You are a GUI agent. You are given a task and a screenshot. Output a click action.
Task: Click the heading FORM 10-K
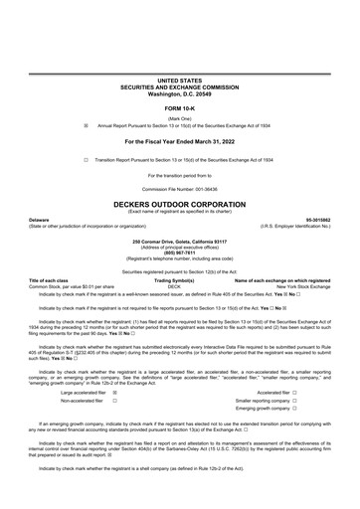(179, 106)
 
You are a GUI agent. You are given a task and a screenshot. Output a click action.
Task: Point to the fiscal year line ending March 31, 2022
(179, 142)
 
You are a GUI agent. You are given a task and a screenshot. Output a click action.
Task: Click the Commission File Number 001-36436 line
(179, 190)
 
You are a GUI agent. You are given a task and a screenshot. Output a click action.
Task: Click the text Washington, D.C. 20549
(179, 90)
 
